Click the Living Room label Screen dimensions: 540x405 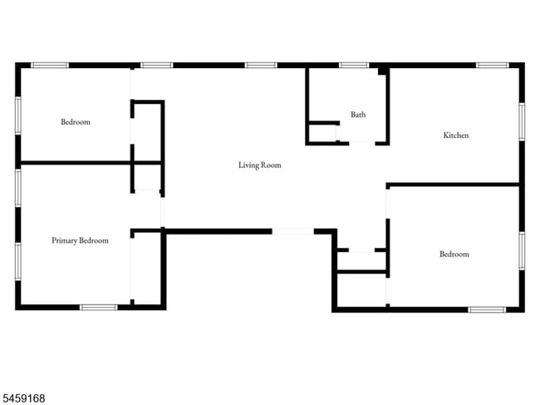[x=260, y=165]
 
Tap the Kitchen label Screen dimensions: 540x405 [x=455, y=135]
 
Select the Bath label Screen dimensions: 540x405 [x=358, y=115]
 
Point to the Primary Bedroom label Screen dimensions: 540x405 [x=80, y=240]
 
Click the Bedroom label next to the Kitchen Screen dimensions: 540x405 [x=454, y=254]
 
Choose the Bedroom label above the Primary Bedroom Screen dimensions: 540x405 [x=76, y=121]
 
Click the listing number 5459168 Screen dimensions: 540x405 [x=22, y=398]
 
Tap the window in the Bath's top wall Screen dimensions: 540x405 [x=354, y=65]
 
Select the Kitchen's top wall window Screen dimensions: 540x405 [x=493, y=65]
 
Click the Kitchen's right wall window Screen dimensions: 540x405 [x=522, y=121]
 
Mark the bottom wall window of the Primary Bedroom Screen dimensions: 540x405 [x=99, y=307]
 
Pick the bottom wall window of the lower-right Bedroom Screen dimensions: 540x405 [x=487, y=309]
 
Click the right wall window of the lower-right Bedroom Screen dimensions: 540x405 [x=522, y=251]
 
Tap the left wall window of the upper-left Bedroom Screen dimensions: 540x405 [x=18, y=116]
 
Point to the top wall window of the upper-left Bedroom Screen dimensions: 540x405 [x=50, y=65]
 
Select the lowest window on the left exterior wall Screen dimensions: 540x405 [x=18, y=262]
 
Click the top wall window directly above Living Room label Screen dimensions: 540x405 [x=261, y=65]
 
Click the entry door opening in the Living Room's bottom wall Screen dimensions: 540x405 [x=292, y=231]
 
